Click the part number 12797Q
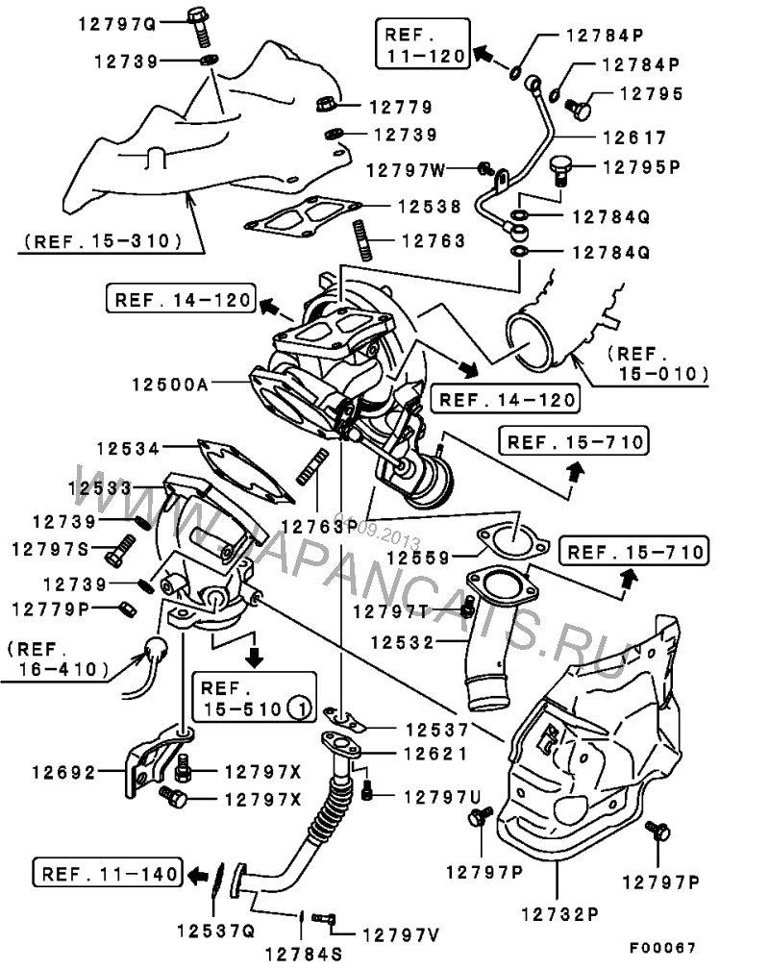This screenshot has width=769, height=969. tap(117, 25)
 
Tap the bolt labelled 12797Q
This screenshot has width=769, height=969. tap(200, 27)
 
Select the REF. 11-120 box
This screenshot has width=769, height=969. tap(423, 43)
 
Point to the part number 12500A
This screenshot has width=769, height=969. tap(170, 385)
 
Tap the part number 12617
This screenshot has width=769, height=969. tap(634, 137)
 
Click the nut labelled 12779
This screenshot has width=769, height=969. tap(327, 104)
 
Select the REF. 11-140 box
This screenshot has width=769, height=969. tap(109, 873)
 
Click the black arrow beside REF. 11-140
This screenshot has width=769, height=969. tap(198, 875)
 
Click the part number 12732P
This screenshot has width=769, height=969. tap(560, 914)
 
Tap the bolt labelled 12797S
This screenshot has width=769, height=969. tap(120, 550)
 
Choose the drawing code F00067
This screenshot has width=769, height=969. tap(663, 948)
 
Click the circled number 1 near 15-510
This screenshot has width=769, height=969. tap(301, 708)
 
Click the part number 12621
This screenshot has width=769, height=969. tap(435, 754)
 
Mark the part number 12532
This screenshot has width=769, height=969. tap(403, 643)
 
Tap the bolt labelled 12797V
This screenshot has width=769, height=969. tap(324, 919)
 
